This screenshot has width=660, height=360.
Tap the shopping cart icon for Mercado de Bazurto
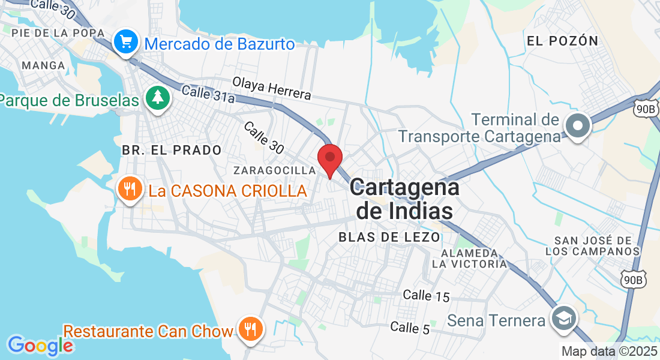pos(126,43)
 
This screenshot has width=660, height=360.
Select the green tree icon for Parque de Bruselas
pos(158,99)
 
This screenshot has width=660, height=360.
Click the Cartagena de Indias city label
pos(404,199)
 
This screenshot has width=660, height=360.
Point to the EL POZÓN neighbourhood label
pos(562,41)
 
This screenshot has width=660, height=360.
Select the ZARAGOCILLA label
pos(275,170)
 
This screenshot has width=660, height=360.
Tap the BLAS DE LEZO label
pos(389,237)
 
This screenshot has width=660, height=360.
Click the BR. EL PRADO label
pos(172,150)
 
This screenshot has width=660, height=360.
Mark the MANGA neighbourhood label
pos(43,65)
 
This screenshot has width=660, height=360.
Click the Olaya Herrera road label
pos(271,88)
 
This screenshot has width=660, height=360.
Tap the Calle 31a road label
pos(208,94)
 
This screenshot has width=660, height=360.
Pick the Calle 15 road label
pos(426,295)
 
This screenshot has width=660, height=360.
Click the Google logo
pos(40,346)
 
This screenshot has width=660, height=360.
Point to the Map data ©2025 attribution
pos(609,352)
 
